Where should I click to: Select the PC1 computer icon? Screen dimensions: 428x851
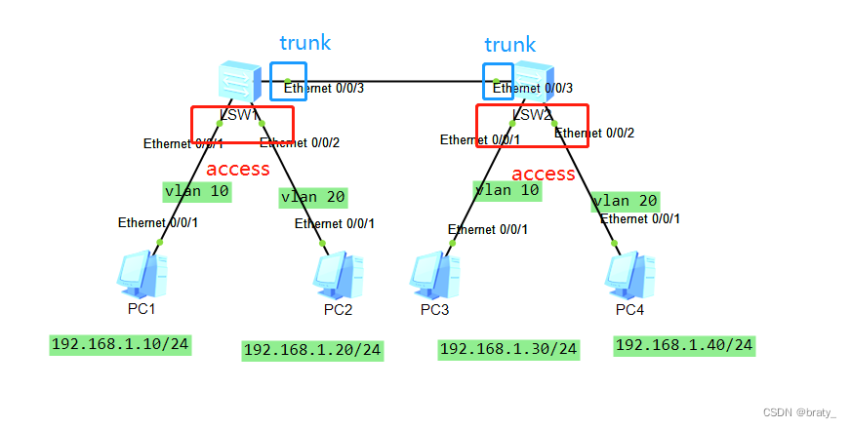click(141, 275)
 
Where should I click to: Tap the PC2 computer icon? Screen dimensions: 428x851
click(339, 276)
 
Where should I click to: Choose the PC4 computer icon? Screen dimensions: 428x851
click(629, 276)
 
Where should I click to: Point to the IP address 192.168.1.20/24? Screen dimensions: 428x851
click(312, 350)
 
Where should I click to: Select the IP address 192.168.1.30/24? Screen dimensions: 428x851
click(508, 349)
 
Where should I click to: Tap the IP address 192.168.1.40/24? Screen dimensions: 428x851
click(683, 345)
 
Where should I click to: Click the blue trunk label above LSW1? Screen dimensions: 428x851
click(304, 43)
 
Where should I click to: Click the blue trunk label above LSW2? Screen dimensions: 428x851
click(509, 45)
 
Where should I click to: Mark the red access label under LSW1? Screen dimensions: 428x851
click(237, 169)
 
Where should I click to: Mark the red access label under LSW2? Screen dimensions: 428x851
click(544, 174)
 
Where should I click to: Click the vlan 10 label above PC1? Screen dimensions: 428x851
click(196, 191)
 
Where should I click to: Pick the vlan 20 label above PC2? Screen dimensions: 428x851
click(312, 197)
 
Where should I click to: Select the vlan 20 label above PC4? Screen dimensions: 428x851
click(625, 201)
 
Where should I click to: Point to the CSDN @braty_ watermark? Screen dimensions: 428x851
click(799, 412)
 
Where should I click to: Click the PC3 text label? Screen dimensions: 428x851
click(435, 310)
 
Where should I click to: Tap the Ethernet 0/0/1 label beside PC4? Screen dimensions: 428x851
click(640, 219)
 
